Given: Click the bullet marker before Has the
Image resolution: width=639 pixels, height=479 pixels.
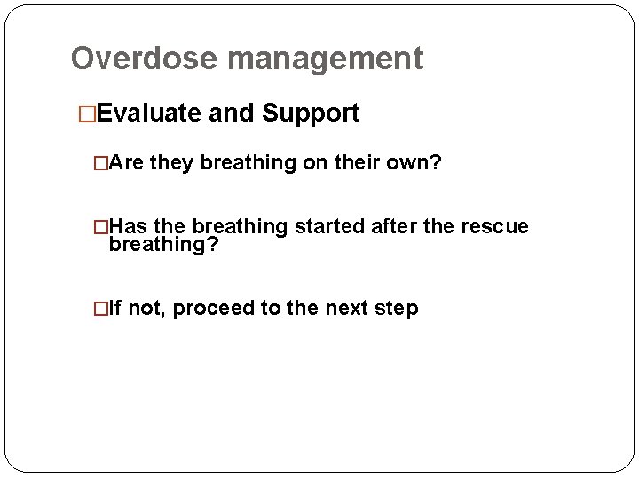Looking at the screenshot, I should pos(100,227).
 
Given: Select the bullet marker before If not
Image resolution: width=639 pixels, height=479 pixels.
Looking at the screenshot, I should pos(100,309).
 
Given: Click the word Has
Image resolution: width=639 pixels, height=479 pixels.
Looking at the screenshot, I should pos(129,227).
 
